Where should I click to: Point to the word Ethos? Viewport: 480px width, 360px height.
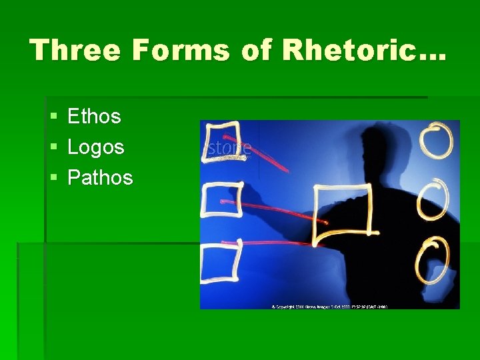point(94,117)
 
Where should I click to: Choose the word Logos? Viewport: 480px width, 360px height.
point(96,147)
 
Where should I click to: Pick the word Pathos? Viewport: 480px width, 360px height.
point(100,178)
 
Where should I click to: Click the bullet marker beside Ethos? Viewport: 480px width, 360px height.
point(53,117)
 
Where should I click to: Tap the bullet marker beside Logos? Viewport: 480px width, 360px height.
point(53,148)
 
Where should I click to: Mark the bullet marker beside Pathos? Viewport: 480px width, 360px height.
point(53,179)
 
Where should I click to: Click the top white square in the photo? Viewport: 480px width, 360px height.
point(223,141)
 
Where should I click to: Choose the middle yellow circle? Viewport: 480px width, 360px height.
point(433,198)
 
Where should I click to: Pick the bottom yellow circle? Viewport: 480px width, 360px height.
point(433,261)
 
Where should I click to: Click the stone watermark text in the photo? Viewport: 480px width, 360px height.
point(229,148)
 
